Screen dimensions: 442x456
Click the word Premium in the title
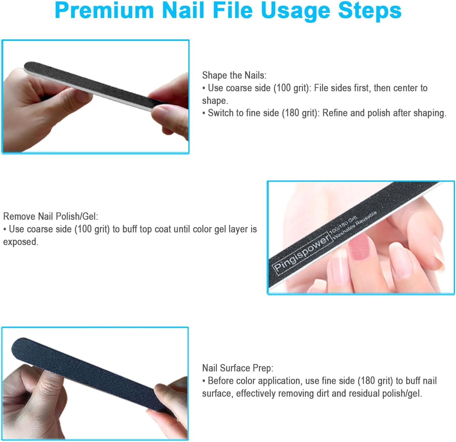(105, 10)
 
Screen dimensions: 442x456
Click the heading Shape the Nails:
(234, 75)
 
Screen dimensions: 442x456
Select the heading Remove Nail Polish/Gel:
(51, 216)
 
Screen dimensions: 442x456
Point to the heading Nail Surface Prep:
(238, 368)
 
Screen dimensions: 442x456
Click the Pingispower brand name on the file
(301, 254)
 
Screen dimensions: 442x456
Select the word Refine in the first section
(335, 113)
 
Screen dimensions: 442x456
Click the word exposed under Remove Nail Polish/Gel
(20, 242)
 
